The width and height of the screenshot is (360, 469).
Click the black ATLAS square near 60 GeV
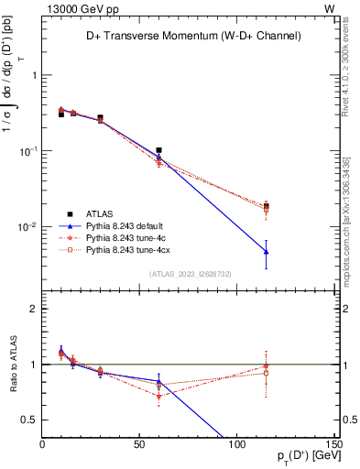pos(158,150)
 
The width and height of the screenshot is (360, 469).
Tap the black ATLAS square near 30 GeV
pos(100,118)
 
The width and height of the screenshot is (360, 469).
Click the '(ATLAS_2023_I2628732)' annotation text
pos(190,273)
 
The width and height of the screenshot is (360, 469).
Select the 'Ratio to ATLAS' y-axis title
pos(12,364)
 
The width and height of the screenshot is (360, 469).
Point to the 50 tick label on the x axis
pos(139,444)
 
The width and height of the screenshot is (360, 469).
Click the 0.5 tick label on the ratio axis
pos(31,420)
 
